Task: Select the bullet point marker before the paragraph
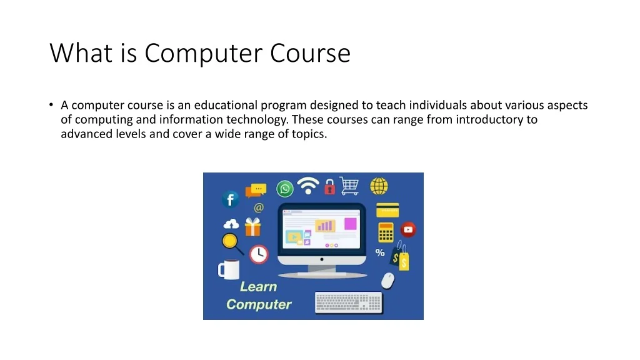[x=51, y=105]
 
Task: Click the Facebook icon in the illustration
[x=230, y=199]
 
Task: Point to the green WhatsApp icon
[x=284, y=189]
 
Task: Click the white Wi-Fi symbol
[x=308, y=186]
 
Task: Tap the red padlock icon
[x=330, y=186]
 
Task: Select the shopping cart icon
[x=349, y=186]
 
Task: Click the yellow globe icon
[x=379, y=186]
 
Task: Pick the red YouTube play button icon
[x=408, y=230]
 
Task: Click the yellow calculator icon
[x=386, y=232]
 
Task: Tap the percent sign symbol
[x=380, y=252]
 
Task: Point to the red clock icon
[x=259, y=254]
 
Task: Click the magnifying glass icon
[x=232, y=243]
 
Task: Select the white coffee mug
[x=229, y=269]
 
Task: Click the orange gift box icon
[x=252, y=227]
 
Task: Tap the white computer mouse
[x=387, y=281]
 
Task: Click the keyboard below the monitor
[x=349, y=303]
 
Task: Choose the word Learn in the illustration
[x=258, y=286]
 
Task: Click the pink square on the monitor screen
[x=351, y=224]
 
